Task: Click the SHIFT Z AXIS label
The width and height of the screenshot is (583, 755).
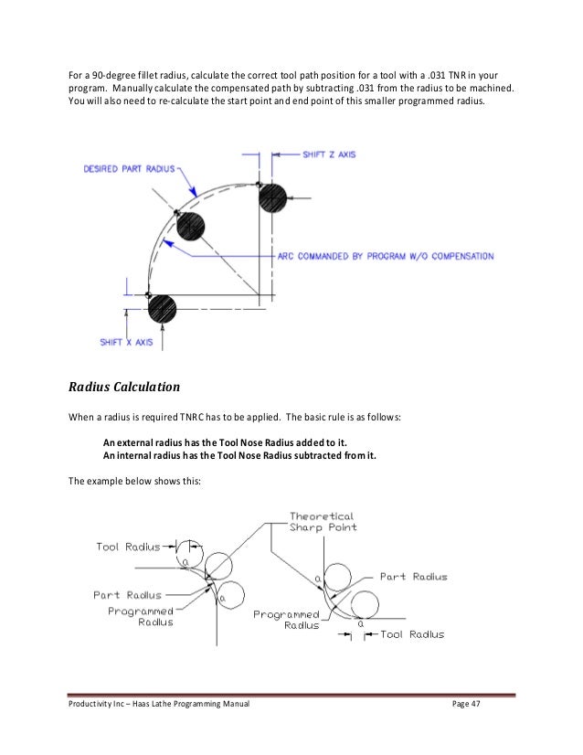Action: (x=328, y=156)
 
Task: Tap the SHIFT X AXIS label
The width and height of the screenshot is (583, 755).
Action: (x=131, y=343)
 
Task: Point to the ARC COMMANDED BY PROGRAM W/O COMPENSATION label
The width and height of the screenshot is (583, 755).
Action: (x=384, y=257)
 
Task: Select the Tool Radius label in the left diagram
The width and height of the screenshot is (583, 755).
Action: (x=127, y=547)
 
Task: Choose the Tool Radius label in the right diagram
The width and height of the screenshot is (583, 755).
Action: (x=412, y=633)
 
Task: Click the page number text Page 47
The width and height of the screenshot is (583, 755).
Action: (x=468, y=708)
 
